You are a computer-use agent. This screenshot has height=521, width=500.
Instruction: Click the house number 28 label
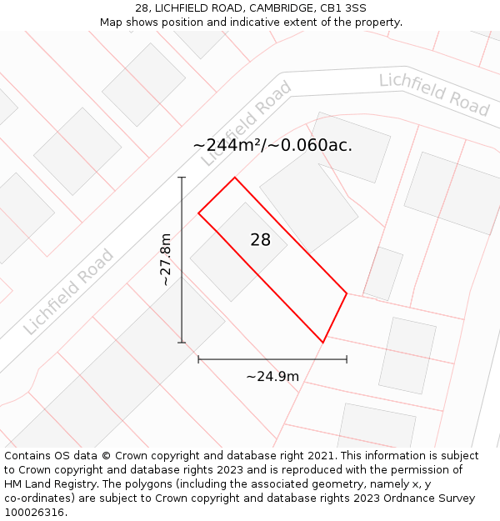[x=261, y=240]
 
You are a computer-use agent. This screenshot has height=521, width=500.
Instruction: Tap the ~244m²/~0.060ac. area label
[x=272, y=145]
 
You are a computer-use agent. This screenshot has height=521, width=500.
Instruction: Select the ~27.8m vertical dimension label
[x=166, y=259]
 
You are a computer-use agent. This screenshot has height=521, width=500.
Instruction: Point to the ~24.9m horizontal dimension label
[x=272, y=377]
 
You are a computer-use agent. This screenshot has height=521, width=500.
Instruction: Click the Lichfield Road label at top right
[x=434, y=94]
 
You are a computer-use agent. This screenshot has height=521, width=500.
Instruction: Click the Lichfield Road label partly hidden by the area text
[x=247, y=121]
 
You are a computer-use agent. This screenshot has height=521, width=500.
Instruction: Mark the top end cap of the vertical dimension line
[x=182, y=178]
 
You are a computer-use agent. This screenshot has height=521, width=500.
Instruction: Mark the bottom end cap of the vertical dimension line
[x=182, y=343]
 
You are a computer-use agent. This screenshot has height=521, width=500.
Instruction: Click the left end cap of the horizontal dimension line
[x=198, y=360]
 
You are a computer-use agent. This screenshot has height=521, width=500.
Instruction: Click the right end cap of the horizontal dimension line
[x=347, y=360]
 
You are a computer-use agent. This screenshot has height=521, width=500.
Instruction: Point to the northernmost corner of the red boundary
[x=235, y=177]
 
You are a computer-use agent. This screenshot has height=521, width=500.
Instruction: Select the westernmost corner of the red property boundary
[x=198, y=213]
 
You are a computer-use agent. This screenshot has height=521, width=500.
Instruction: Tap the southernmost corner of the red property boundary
[x=323, y=343]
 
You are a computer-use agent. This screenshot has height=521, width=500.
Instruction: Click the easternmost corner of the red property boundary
[x=347, y=293]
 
